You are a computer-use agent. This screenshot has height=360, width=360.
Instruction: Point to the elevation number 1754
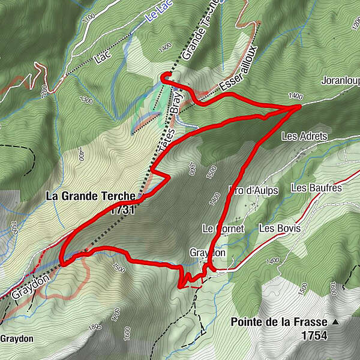314,335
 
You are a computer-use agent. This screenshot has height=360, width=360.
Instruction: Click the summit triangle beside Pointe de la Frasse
336,322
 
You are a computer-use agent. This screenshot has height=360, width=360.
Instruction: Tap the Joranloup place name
340,79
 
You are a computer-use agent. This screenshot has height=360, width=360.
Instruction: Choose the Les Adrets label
304,137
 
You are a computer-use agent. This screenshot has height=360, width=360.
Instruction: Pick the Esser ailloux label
238,70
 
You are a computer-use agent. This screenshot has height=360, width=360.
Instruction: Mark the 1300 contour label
86,100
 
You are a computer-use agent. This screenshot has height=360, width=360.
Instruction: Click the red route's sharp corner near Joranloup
299,106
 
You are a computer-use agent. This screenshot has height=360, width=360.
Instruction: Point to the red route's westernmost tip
62,262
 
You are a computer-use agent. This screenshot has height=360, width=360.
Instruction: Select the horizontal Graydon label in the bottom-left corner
17,338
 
